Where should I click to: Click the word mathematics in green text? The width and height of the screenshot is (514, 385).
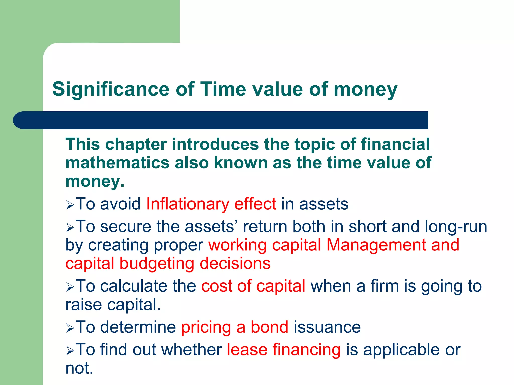117,163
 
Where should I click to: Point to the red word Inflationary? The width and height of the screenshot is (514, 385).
187,204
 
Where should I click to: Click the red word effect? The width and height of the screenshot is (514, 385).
255,204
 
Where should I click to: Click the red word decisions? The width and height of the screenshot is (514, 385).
235,264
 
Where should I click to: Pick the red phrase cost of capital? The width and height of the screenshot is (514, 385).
253,286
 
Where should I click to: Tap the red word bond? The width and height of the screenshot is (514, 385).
270,327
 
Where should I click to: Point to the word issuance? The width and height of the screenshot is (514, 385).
327,327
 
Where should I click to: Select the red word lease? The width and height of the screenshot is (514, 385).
247,350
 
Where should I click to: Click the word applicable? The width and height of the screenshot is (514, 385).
401,350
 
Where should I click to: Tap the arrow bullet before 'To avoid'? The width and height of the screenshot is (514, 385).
70,205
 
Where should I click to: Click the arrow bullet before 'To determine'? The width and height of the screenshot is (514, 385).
70,328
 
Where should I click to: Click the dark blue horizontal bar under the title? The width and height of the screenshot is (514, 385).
221,120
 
